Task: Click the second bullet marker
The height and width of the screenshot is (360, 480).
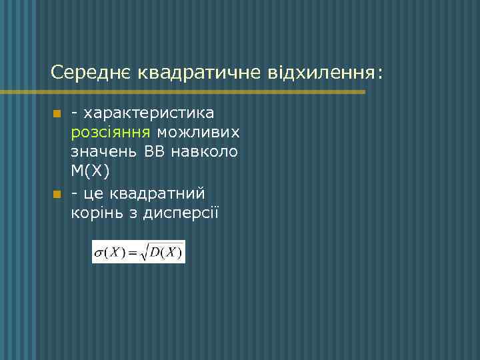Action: [x=57, y=194]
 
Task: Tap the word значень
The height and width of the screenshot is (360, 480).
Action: [x=104, y=152]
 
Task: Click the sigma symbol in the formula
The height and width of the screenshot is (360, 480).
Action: [x=99, y=253]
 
